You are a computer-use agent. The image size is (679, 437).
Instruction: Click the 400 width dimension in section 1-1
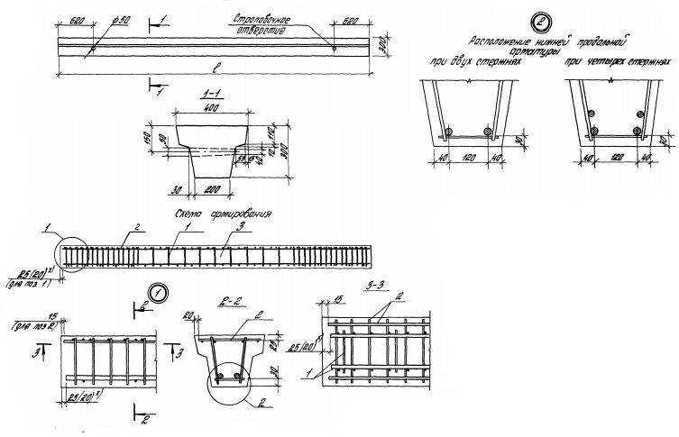(x=211, y=107)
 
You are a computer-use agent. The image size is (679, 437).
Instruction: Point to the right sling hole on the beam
(x=334, y=50)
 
